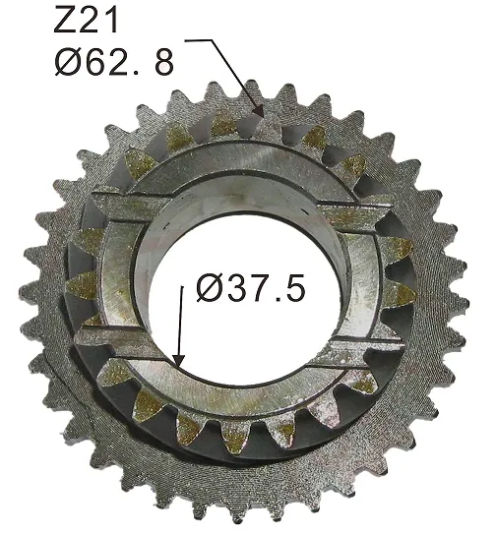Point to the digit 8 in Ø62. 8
pyautogui.click(x=162, y=61)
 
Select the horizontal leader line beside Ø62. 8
pyautogui.click(x=200, y=41)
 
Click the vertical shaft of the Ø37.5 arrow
pyautogui.click(x=179, y=315)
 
